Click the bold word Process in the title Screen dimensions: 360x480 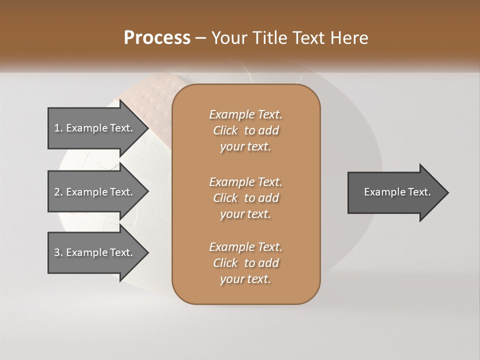(157, 37)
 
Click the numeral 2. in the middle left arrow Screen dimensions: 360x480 (58, 192)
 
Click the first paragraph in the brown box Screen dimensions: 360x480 (246, 130)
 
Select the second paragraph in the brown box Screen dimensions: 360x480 (246, 197)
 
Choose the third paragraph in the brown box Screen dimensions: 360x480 (246, 263)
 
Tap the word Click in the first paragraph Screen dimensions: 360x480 (225, 130)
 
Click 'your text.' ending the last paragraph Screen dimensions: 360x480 (245, 279)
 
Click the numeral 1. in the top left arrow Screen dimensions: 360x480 (58, 128)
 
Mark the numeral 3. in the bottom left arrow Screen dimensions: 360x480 (58, 252)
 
